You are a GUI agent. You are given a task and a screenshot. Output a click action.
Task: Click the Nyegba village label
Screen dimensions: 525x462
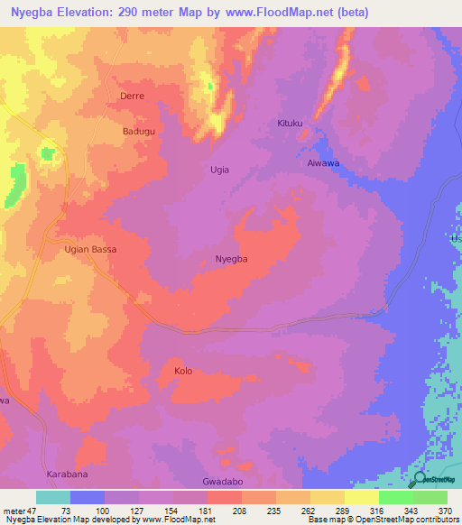coord(231,259)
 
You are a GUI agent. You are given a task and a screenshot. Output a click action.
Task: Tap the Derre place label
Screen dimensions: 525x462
coord(132,95)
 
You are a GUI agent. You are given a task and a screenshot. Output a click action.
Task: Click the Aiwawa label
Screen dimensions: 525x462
coord(323,163)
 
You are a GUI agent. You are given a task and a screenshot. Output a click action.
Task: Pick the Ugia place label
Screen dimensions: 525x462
coord(219,170)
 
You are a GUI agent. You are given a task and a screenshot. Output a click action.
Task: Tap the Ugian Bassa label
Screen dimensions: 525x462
coord(91,249)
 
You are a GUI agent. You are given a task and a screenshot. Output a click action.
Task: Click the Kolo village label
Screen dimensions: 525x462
coord(183,371)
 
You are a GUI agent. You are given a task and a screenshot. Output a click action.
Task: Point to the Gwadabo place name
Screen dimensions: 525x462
coord(224,483)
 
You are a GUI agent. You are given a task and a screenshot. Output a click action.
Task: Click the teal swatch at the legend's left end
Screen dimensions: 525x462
coord(52,497)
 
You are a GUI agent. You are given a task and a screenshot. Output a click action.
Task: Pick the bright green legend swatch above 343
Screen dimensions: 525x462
coord(395,497)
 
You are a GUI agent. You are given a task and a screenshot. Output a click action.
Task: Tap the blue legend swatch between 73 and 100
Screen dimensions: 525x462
coord(88,497)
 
